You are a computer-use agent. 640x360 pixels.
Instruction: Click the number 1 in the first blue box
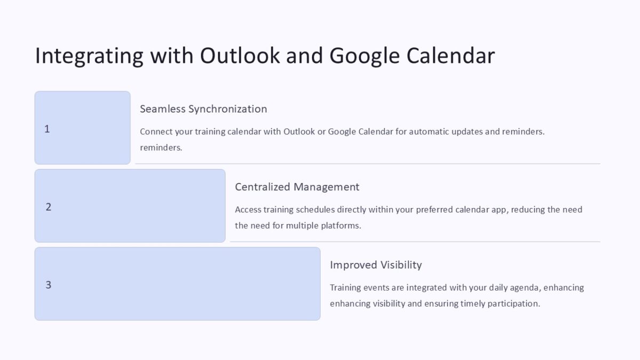(x=47, y=129)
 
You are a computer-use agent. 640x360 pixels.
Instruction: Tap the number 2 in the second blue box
(x=49, y=207)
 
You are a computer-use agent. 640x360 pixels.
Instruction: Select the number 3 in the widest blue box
(x=49, y=285)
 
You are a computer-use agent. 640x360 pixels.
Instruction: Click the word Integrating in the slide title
(x=89, y=56)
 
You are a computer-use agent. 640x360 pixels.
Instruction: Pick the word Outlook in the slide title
(x=241, y=56)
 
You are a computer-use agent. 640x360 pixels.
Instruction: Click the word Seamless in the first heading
(x=163, y=109)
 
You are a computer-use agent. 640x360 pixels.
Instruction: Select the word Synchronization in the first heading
(x=228, y=109)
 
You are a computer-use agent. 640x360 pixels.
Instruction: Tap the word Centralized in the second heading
(x=262, y=187)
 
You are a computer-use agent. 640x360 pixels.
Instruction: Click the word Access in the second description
(x=248, y=210)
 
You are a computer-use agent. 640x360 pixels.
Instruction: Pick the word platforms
(x=341, y=226)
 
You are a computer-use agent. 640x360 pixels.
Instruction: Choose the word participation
(x=514, y=303)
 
